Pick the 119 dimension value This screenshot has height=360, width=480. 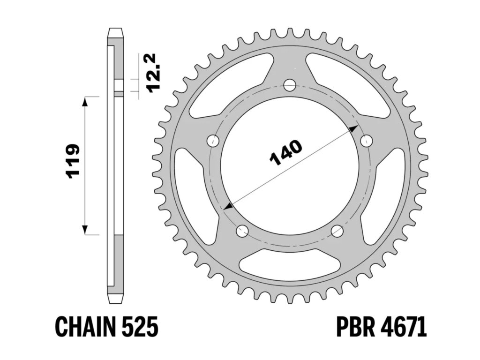click(73, 162)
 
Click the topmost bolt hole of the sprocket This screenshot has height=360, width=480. click(290, 85)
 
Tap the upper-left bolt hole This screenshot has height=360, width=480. click(213, 141)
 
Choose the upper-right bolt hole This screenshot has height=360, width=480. click(366, 141)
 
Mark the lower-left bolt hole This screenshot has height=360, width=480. click(242, 230)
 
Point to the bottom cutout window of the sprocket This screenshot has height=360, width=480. click(290, 265)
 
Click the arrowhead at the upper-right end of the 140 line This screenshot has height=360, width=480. click(354, 128)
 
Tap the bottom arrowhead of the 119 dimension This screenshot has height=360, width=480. click(85, 229)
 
